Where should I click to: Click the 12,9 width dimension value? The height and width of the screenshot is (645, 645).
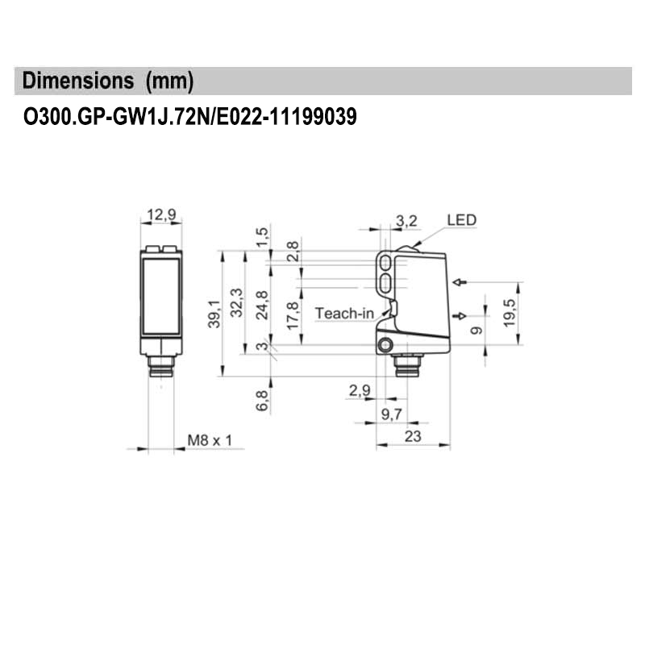(x=160, y=215)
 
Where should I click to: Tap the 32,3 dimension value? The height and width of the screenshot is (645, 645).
(x=236, y=302)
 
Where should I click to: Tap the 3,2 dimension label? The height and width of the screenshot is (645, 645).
(x=407, y=221)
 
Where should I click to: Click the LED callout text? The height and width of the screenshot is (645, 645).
(x=461, y=219)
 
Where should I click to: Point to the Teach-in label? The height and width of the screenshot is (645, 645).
(x=344, y=313)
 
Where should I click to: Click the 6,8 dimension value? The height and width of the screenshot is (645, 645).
(x=261, y=401)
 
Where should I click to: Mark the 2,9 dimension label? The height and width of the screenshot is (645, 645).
(x=360, y=391)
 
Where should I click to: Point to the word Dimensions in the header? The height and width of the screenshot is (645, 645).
(x=78, y=81)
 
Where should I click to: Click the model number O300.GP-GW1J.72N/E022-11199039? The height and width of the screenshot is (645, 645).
(x=189, y=117)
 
